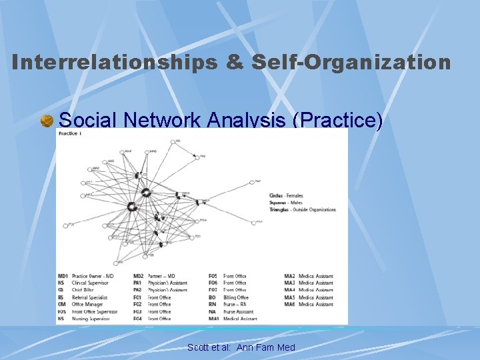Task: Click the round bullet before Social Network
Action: tap(47, 121)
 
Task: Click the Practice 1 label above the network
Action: tap(70, 133)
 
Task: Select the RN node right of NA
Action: tap(200, 157)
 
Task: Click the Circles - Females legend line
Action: tap(286, 196)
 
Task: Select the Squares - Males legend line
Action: tap(286, 203)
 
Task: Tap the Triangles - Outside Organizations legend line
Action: tap(303, 209)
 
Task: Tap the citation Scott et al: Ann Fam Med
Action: tap(241, 347)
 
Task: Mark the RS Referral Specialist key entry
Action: tap(83, 297)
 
